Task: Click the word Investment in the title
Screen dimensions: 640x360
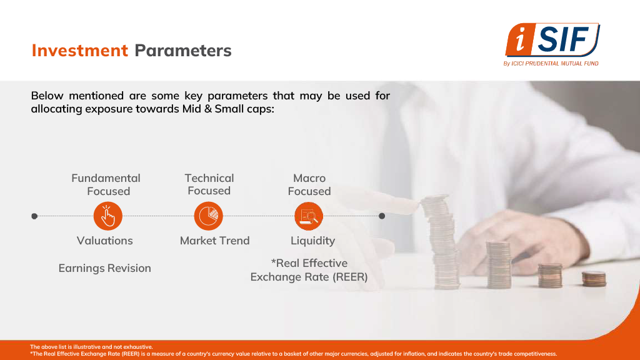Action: (79, 51)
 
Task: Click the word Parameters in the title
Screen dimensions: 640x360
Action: (183, 51)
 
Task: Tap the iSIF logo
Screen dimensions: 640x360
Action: (552, 40)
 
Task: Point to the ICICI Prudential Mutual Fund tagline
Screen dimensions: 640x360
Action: (551, 63)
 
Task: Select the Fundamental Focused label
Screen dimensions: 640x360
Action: (106, 184)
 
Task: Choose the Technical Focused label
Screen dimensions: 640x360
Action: (209, 184)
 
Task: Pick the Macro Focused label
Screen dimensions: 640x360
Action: (309, 184)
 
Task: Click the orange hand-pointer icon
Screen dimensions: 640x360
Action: (107, 216)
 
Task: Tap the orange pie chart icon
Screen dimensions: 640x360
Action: (209, 216)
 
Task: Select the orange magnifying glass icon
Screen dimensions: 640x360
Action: (309, 216)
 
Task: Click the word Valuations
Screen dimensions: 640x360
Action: (105, 241)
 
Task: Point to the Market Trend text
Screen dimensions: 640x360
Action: (215, 241)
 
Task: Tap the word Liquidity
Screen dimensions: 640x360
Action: (312, 241)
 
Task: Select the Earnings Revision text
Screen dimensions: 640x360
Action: (104, 268)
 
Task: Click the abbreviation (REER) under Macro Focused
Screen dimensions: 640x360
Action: (350, 277)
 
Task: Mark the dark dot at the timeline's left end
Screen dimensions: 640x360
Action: (34, 216)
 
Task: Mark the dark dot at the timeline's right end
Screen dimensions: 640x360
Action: (382, 216)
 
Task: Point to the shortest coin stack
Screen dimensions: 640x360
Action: (594, 279)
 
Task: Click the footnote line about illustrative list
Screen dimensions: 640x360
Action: (91, 347)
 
